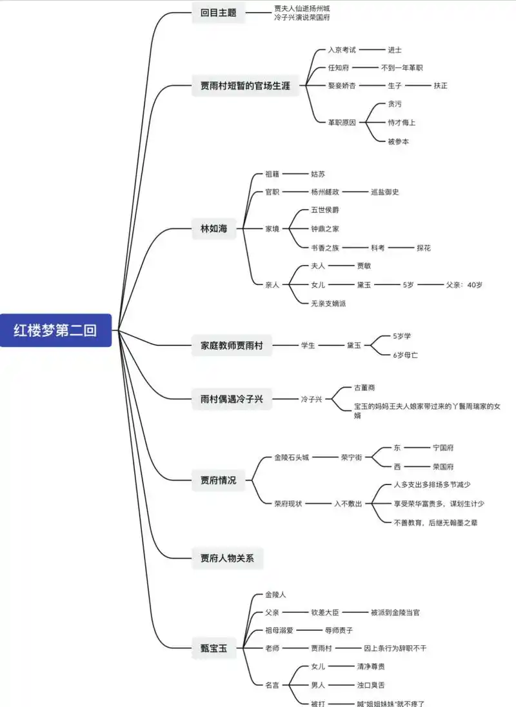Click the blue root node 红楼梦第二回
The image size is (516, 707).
[55, 330]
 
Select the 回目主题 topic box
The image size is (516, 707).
[219, 13]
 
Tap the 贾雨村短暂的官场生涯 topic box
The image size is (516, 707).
[246, 86]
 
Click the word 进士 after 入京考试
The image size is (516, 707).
[395, 50]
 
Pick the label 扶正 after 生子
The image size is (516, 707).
[441, 85]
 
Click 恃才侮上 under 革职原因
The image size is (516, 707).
[402, 122]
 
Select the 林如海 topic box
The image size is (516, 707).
[214, 228]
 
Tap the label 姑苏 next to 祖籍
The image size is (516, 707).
[318, 174]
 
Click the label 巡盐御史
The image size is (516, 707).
[385, 192]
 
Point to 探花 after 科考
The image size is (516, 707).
[424, 247]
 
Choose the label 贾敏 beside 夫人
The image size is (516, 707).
[364, 265]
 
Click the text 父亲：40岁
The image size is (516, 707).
[464, 284]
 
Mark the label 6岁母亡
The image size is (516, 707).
[406, 355]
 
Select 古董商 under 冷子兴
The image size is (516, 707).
[364, 387]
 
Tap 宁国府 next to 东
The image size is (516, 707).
[443, 447]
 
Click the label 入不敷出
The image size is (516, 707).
[348, 503]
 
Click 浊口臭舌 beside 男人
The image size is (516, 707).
[371, 684]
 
